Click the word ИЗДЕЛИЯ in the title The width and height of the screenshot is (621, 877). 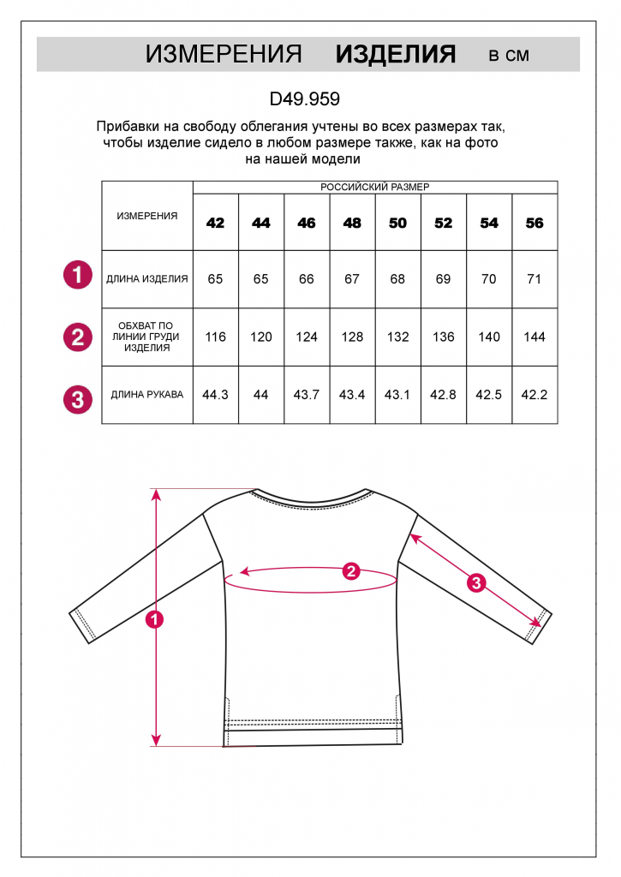tap(395, 55)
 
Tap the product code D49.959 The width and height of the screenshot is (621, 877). tap(305, 98)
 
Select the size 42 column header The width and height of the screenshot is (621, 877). tap(216, 223)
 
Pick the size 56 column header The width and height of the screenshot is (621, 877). tap(534, 223)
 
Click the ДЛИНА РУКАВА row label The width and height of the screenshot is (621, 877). tap(147, 395)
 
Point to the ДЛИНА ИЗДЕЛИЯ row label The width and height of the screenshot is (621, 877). tap(147, 278)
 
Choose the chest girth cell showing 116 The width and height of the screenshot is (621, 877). tap(216, 337)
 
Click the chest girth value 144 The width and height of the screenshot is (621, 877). tap(534, 337)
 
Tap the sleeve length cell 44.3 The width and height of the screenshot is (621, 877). tap(216, 395)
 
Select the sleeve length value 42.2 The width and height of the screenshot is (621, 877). tap(534, 395)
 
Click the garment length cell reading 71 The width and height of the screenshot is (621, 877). tap(534, 278)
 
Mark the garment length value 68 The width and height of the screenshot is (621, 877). tap(397, 278)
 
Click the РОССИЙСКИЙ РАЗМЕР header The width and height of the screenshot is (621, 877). tap(375, 187)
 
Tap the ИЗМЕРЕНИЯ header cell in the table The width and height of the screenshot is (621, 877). tap(147, 216)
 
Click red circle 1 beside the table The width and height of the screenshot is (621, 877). tap(78, 276)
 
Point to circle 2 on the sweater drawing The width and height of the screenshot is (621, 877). tap(350, 571)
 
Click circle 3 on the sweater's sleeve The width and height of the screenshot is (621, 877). tap(476, 583)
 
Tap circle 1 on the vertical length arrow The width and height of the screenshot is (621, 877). tap(155, 619)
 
